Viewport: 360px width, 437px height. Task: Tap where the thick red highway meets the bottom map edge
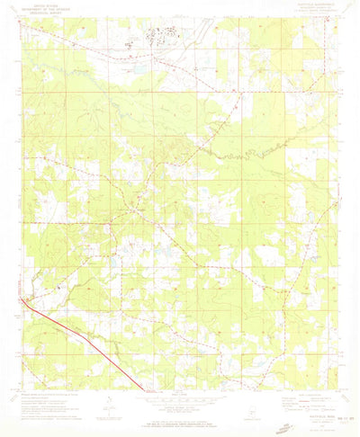point(143,390)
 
